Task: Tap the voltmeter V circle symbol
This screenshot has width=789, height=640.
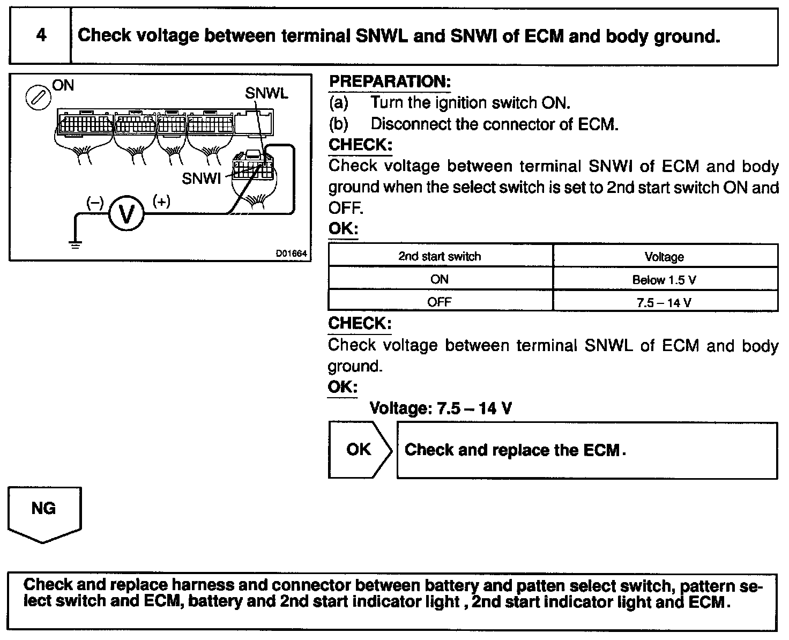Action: (x=126, y=214)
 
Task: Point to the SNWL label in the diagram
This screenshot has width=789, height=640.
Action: (x=266, y=93)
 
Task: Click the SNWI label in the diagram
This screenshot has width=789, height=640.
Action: (x=201, y=178)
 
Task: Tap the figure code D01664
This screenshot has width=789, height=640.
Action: (x=292, y=254)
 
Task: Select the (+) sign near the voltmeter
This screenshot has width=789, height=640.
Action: (x=161, y=201)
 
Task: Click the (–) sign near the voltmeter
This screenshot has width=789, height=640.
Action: (x=95, y=203)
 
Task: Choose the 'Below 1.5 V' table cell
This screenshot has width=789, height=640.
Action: (x=664, y=280)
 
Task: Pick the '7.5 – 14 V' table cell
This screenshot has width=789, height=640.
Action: (x=664, y=302)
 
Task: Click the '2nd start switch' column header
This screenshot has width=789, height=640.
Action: (x=440, y=256)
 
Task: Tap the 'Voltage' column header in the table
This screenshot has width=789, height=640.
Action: (x=664, y=257)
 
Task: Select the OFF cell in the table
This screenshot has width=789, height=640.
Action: (x=440, y=302)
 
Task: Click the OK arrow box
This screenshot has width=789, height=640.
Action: (x=359, y=449)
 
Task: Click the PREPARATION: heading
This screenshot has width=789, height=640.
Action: (x=389, y=82)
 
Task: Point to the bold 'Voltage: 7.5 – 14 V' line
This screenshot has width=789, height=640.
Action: (x=441, y=408)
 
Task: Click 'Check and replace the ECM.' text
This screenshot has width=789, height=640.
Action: (x=515, y=450)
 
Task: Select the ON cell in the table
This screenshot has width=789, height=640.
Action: (x=440, y=279)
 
